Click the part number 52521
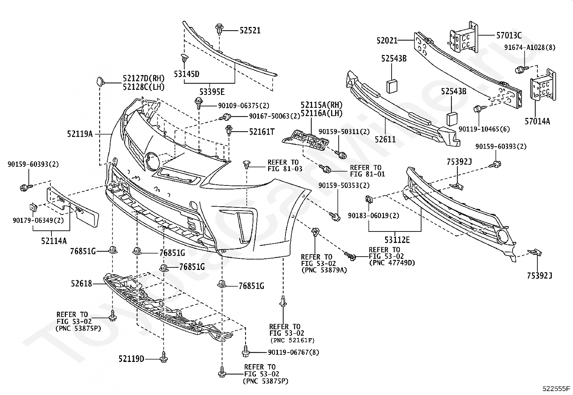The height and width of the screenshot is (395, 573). click(250, 31)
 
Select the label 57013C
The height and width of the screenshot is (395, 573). click(509, 35)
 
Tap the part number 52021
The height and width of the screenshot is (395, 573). click(387, 40)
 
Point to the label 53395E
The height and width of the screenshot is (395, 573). click(212, 92)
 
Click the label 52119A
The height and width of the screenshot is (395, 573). click(80, 134)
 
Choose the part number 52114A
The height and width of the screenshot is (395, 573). click(54, 241)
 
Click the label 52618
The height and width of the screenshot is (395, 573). click(81, 283)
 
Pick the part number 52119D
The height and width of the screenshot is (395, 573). click(131, 359)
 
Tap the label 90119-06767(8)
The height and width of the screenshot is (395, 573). click(293, 352)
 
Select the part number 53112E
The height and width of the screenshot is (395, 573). click(397, 240)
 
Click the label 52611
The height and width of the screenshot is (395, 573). click(385, 139)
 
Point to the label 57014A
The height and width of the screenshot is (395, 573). click(537, 121)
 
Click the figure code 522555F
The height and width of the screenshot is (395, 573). click(556, 389)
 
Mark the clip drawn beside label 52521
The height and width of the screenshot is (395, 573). click(219, 29)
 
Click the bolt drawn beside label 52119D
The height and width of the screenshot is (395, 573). click(163, 357)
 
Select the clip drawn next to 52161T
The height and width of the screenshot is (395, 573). click(229, 130)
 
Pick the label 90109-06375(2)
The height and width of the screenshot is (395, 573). click(244, 106)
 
